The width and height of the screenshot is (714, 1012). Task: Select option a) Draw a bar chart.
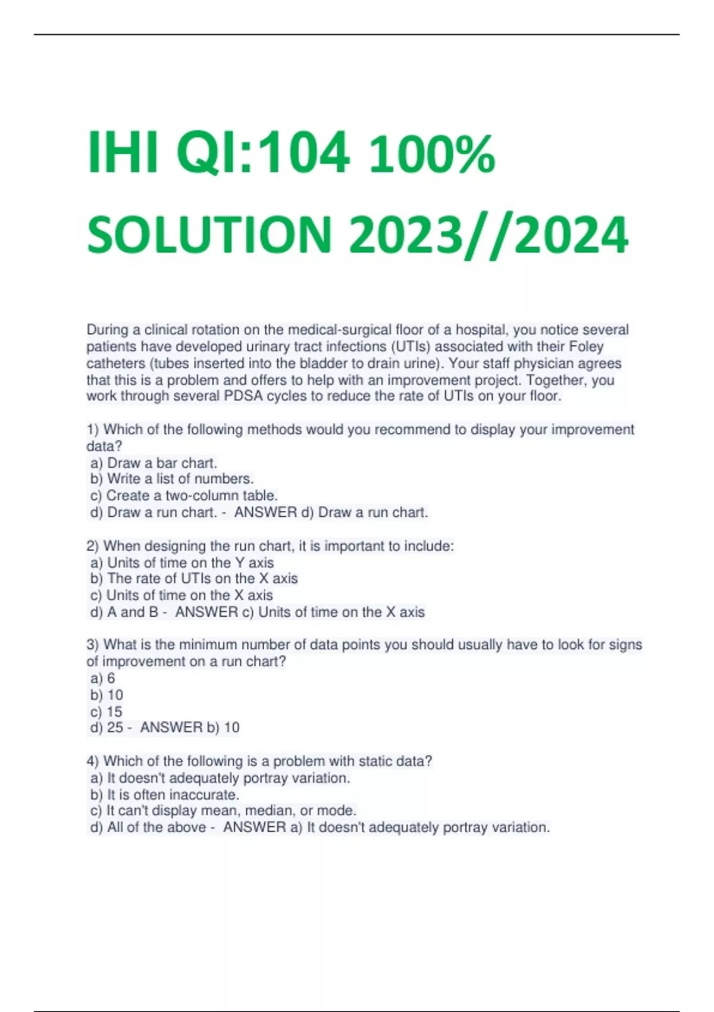point(154,463)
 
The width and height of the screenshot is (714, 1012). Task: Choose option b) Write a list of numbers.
point(172,479)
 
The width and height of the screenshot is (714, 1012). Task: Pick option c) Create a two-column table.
point(184,495)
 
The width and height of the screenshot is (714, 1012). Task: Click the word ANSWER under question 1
point(265,512)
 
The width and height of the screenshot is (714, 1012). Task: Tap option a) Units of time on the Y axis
point(182,563)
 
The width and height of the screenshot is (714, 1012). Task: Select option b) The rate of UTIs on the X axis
point(194,579)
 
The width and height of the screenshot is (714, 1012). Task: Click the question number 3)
point(93,645)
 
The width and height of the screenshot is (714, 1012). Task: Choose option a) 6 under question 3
point(103,678)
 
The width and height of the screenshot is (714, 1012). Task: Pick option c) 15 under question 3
point(106,711)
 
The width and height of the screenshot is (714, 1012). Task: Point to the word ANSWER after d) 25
point(171,727)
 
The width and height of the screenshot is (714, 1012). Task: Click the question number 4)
point(93,761)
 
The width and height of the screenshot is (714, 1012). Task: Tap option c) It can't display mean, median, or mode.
point(223,811)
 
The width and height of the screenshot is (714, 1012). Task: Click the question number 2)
point(93,546)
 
